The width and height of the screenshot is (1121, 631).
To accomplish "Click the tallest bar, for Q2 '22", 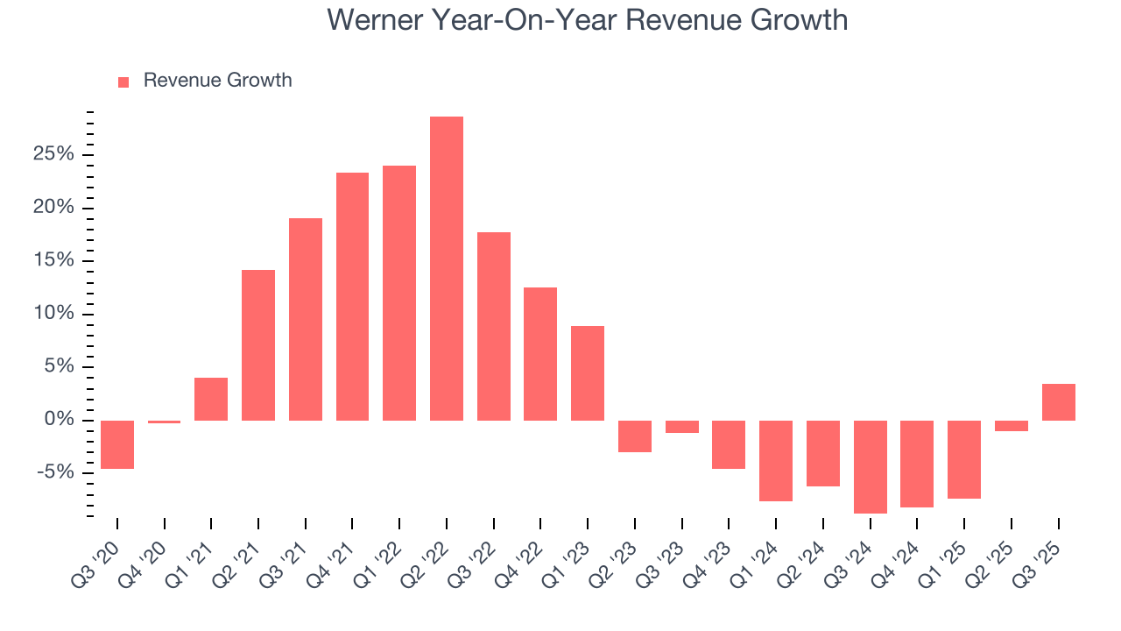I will point(446,268).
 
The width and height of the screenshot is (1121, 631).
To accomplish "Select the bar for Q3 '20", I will point(117,444).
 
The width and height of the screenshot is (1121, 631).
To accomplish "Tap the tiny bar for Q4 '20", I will point(164,422).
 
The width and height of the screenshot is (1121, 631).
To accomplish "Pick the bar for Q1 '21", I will point(211,399).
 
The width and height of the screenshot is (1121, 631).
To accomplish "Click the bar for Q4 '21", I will point(352,296).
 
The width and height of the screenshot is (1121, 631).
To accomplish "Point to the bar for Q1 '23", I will point(588,373).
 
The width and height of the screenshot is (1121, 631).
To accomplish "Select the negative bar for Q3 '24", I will point(870,466).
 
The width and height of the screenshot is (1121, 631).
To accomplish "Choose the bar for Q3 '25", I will point(1058,402).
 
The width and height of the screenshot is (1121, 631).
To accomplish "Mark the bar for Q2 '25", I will point(1011,426).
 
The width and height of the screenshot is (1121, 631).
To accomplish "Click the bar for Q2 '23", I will point(634,436).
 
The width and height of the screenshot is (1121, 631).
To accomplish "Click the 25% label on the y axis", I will point(54,155).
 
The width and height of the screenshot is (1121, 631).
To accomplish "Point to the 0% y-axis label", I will point(59,420).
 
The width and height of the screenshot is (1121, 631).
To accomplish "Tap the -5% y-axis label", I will point(56,473).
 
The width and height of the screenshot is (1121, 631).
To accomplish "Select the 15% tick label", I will point(54,261).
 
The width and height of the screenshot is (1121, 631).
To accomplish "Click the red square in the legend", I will point(123,82).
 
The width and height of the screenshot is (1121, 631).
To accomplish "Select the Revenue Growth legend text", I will point(217,81).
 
